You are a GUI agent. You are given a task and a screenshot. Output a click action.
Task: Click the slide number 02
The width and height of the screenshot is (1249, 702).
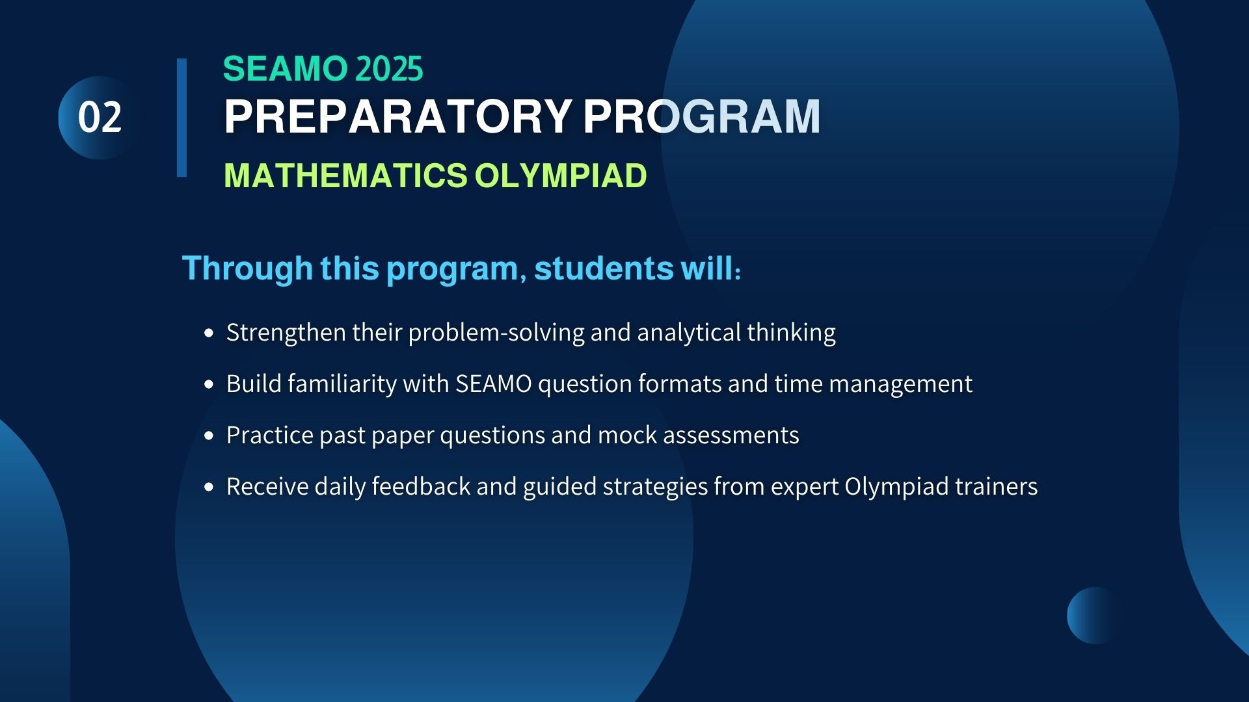(100, 118)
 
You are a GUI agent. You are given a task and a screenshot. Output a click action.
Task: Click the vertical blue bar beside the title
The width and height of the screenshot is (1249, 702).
(181, 118)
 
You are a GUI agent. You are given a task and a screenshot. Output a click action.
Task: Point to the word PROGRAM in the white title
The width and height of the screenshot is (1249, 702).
(702, 117)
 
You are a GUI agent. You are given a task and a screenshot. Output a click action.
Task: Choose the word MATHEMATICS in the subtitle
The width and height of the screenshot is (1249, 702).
(345, 175)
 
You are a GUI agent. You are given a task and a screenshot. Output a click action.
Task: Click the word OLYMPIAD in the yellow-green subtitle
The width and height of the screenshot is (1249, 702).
(561, 175)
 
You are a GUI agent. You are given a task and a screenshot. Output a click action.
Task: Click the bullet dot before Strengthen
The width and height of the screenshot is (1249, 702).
(208, 333)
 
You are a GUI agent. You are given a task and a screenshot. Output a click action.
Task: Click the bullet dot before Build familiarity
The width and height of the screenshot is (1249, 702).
(208, 384)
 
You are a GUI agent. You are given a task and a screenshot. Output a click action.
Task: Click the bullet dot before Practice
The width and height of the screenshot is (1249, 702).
(208, 435)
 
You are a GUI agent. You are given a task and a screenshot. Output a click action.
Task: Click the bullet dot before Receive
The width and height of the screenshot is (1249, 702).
(208, 487)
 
